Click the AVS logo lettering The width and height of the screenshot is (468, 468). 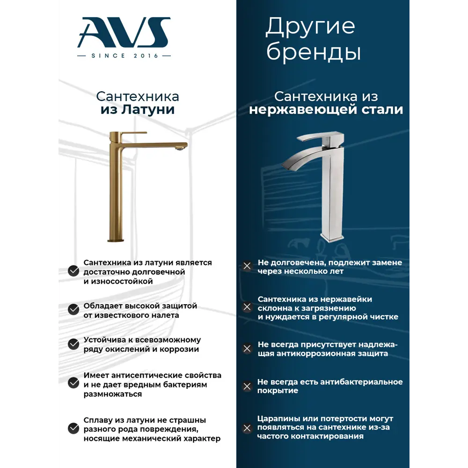[x=124, y=32]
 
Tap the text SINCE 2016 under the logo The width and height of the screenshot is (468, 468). [x=124, y=56]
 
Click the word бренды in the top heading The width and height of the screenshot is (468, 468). [x=314, y=53]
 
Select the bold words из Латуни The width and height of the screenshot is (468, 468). [x=138, y=110]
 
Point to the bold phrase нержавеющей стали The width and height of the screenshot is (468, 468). [x=326, y=110]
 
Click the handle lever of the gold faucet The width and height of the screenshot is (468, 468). [x=132, y=134]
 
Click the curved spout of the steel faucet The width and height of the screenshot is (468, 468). [x=300, y=157]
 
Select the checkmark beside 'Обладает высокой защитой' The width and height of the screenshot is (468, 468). [x=73, y=310]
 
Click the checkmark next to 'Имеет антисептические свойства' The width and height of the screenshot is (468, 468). [x=73, y=383]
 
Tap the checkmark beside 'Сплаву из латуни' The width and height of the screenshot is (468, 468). [x=73, y=428]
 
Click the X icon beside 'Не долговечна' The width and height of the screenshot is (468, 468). [x=247, y=266]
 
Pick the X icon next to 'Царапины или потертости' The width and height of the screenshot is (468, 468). [x=247, y=428]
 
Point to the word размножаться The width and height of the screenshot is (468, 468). [x=113, y=394]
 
